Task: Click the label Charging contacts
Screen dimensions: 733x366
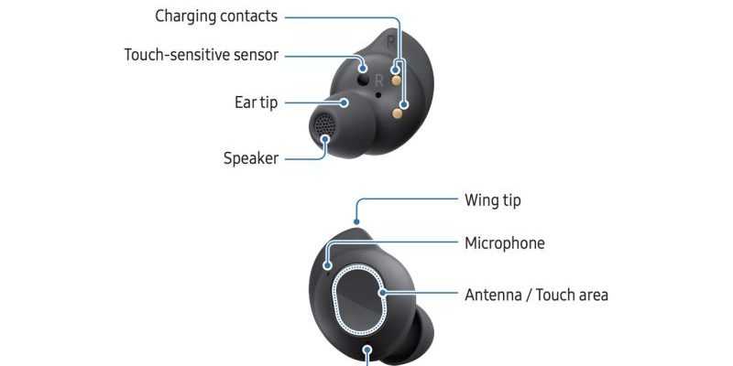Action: point(216,16)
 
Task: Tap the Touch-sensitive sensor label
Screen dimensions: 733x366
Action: point(202,55)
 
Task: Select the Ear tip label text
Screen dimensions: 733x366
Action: point(256,102)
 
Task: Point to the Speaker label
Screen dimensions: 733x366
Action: point(251,158)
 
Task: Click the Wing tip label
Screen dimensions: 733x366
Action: point(493,200)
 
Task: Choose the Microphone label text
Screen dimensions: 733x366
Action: point(505,243)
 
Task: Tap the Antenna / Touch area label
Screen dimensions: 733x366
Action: point(536,295)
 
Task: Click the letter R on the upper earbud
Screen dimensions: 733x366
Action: point(379,81)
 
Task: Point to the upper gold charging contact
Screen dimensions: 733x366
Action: point(397,81)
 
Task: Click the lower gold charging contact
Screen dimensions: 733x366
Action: point(398,113)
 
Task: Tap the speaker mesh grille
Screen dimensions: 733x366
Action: point(324,124)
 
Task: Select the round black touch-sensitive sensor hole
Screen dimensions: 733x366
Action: point(363,81)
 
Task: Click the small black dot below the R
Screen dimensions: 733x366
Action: point(377,95)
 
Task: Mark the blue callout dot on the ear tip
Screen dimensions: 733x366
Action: point(345,102)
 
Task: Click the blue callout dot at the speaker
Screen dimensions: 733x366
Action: point(325,139)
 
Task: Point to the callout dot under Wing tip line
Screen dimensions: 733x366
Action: point(356,222)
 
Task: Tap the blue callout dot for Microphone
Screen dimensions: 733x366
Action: point(328,265)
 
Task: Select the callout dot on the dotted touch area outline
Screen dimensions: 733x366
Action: point(383,293)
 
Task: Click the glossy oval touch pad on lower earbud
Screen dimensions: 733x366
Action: point(359,300)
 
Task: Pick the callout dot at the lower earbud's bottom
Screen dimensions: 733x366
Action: point(367,350)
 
